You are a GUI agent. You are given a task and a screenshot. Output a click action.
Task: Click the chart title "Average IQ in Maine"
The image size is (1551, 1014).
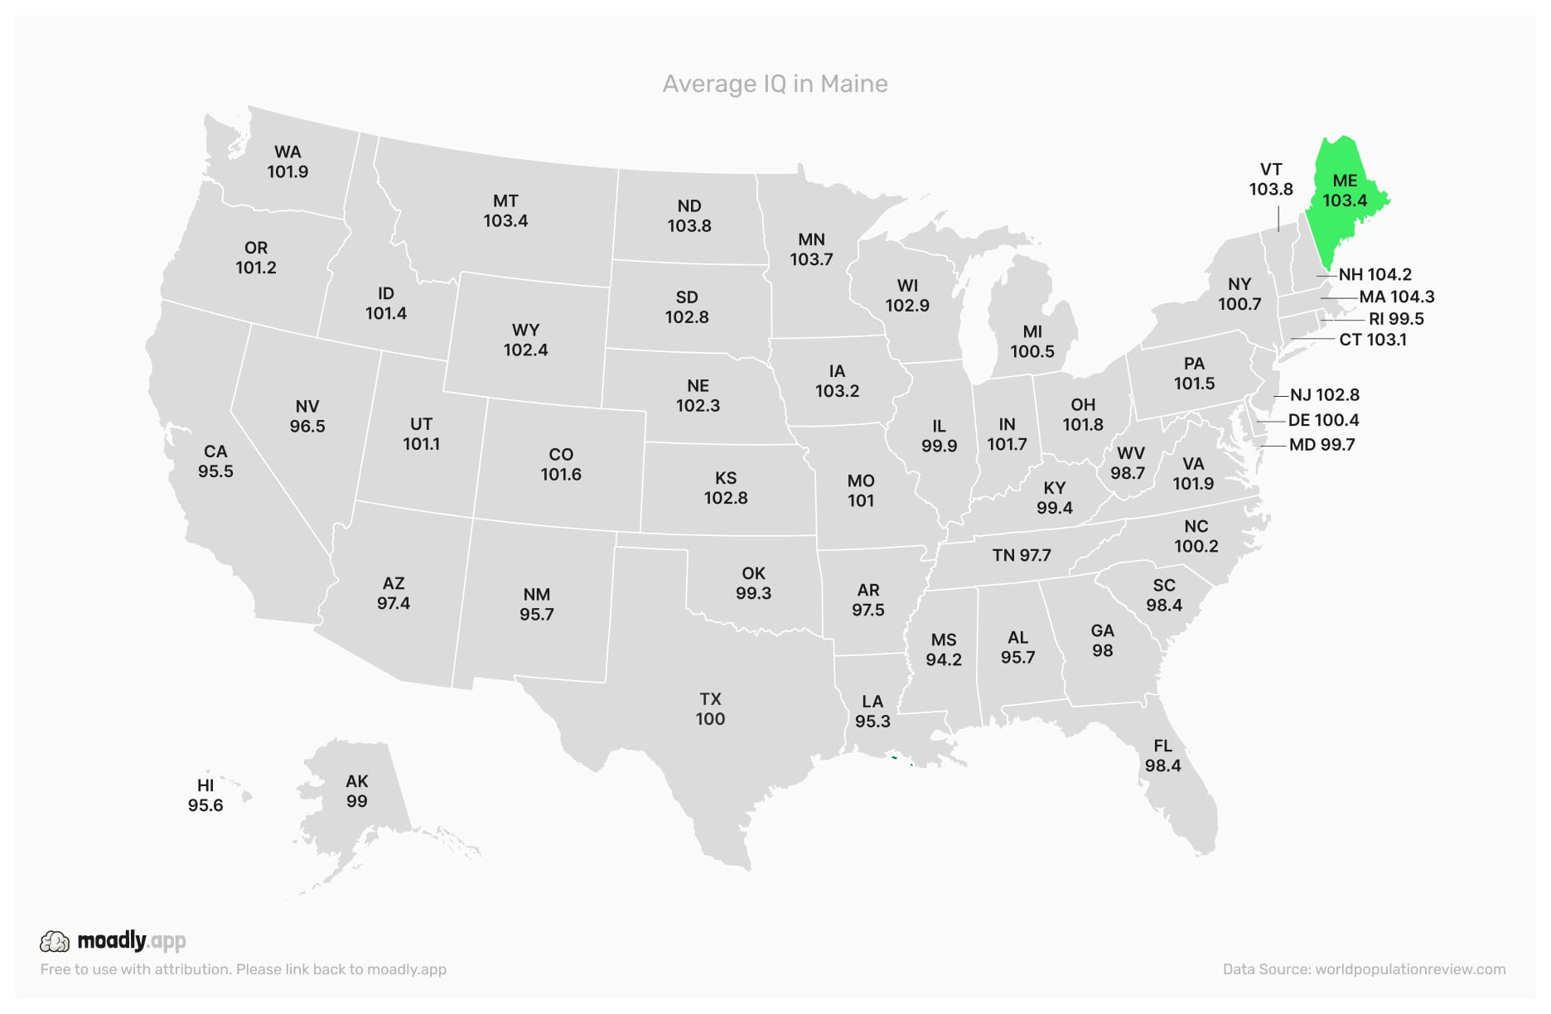[x=775, y=84]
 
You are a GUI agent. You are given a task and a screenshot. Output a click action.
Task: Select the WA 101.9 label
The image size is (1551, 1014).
[x=287, y=162]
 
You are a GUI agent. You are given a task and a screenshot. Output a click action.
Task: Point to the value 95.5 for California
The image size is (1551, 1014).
[x=215, y=471]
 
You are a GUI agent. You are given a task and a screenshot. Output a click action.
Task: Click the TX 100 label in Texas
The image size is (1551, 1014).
[x=710, y=709]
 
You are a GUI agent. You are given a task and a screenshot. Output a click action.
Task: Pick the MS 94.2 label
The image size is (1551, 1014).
[x=944, y=649]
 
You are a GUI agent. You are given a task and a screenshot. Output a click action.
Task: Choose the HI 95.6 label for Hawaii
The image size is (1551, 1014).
[x=205, y=795]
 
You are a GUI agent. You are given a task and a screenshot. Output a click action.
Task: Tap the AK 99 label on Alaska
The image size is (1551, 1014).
[x=357, y=791]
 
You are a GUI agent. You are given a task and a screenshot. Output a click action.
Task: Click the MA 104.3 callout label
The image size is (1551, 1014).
[x=1397, y=297]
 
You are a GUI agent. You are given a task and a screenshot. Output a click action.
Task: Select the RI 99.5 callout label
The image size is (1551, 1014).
[x=1396, y=319]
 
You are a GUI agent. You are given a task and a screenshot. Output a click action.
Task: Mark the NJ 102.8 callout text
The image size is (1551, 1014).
[x=1325, y=395]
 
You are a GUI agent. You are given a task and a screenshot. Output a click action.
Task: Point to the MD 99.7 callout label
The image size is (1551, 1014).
[x=1322, y=445]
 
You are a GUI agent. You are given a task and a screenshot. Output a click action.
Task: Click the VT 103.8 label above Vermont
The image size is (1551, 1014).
[x=1271, y=179]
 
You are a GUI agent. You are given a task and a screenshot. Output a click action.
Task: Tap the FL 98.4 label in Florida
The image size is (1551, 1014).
[x=1163, y=756]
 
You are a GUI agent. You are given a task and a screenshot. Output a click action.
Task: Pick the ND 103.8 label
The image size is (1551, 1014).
[x=689, y=215]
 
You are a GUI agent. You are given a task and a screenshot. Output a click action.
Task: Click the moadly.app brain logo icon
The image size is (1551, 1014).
[x=55, y=941]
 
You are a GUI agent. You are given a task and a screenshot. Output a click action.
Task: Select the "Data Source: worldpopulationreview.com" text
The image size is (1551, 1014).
[x=1364, y=969]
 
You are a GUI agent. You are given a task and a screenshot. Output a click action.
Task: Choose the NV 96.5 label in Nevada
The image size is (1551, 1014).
[x=307, y=416]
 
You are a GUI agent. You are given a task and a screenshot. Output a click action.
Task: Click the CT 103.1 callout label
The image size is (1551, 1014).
[x=1373, y=340]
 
